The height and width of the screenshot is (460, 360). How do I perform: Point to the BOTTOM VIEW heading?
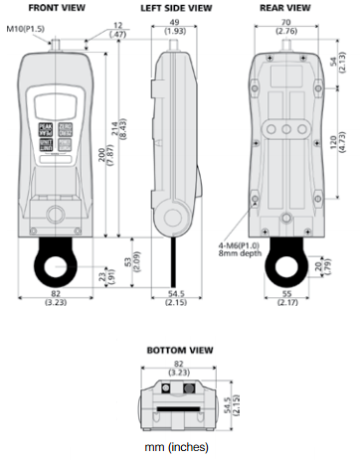tap(180, 352)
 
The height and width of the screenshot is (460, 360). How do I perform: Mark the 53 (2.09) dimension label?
tap(136, 261)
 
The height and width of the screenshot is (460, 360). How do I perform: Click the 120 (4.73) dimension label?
tap(340, 149)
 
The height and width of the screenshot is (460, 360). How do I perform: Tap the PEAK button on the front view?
tap(46, 129)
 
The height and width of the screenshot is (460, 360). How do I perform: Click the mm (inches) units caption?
tap(180, 449)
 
